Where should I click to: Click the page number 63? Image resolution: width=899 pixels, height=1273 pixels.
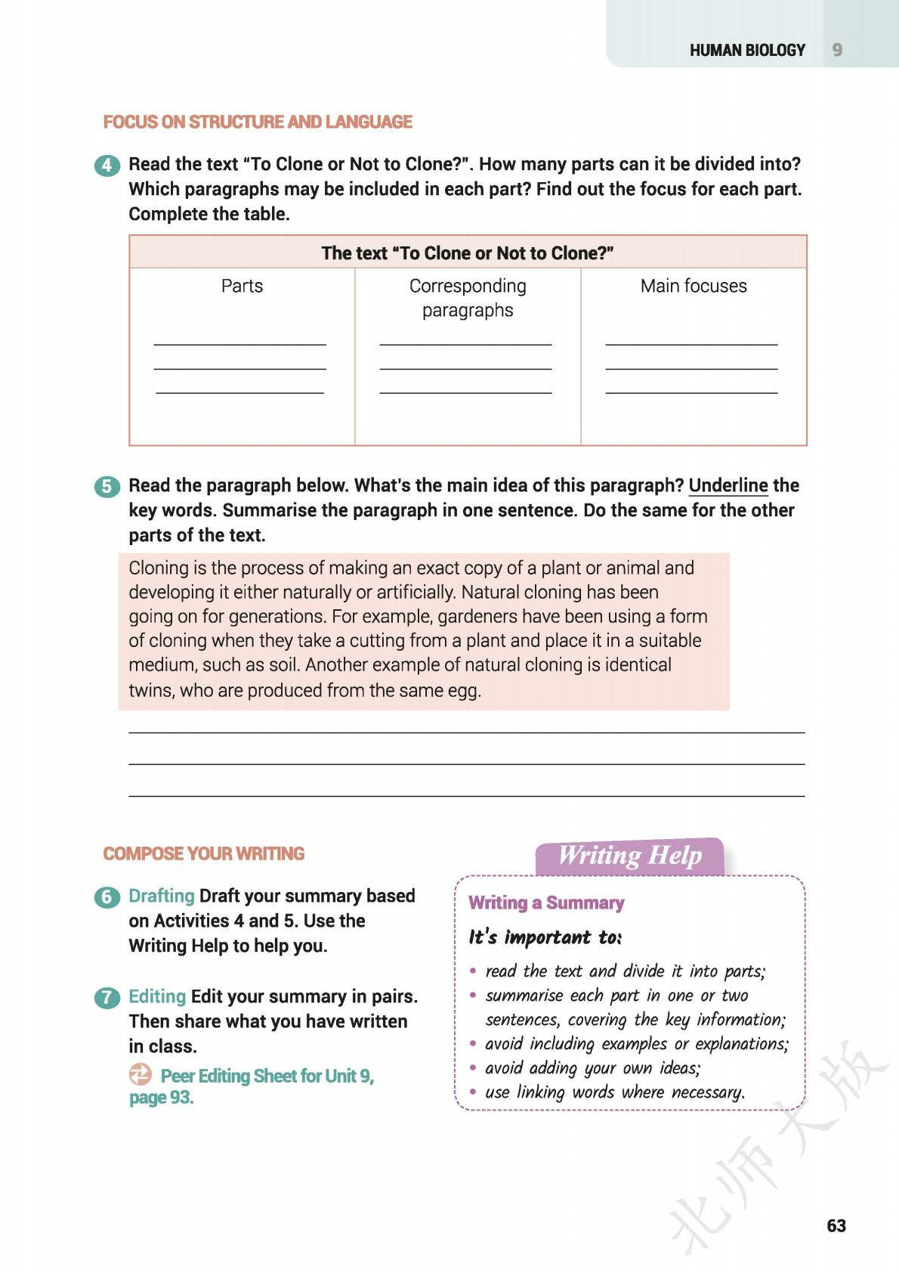click(836, 1226)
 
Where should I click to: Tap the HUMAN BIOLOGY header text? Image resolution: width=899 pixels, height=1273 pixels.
click(747, 51)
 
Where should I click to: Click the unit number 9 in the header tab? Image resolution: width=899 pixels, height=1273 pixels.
click(837, 51)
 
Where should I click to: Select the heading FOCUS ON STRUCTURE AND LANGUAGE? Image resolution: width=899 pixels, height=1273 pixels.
click(258, 122)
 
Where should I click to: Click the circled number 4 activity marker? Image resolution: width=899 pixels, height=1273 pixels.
click(107, 166)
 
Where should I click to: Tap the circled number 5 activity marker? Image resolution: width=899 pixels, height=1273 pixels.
click(107, 487)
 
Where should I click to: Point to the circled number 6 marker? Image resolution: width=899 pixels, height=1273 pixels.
click(107, 897)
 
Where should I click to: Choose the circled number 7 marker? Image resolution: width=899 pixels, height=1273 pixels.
click(107, 998)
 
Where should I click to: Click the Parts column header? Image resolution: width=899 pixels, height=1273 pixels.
click(242, 286)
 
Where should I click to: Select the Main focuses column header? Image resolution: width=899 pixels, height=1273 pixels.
click(694, 286)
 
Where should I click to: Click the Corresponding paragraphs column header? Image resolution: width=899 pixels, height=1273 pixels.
click(468, 298)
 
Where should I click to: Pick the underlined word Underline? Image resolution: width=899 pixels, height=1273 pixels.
click(728, 485)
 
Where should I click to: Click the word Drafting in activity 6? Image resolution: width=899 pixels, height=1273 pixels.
click(162, 896)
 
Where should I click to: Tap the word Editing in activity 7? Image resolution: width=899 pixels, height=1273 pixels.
click(157, 996)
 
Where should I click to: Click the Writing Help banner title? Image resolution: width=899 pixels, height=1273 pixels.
click(629, 856)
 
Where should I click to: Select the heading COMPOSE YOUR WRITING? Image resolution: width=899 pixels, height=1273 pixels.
click(204, 853)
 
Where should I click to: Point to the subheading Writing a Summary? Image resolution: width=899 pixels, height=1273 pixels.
click(546, 903)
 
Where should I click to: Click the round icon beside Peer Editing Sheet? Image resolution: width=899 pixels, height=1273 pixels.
click(141, 1074)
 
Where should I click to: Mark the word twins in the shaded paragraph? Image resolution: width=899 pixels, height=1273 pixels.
click(151, 690)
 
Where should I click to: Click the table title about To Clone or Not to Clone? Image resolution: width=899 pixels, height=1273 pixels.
click(468, 252)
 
